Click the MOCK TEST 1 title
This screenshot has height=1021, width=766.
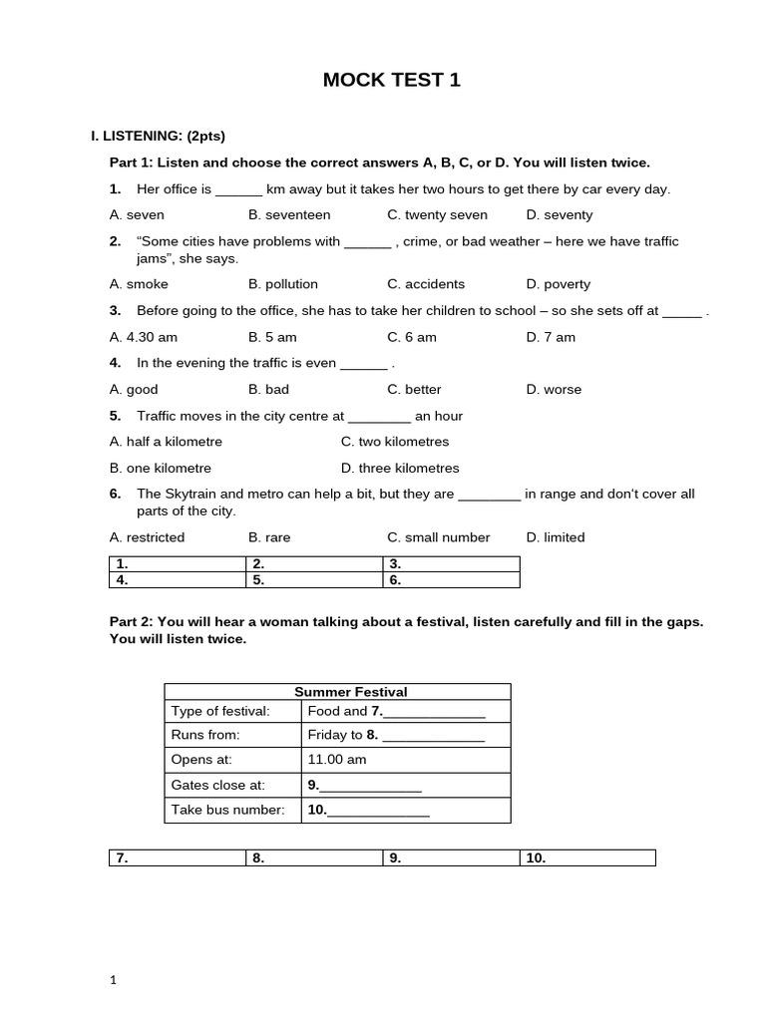click(x=392, y=81)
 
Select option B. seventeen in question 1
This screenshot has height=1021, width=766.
click(x=289, y=214)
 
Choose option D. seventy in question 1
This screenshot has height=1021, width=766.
click(x=559, y=214)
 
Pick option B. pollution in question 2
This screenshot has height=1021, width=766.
click(x=283, y=284)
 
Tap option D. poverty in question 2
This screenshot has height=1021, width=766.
click(x=558, y=284)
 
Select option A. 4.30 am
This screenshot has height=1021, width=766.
click(x=144, y=337)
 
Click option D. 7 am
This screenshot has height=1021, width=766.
click(x=551, y=337)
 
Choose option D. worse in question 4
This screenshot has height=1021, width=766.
click(x=554, y=389)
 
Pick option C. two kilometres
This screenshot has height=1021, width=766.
click(x=395, y=441)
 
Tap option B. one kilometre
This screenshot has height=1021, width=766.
click(x=161, y=468)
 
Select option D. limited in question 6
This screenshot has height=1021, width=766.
click(x=556, y=537)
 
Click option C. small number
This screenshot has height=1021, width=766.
click(x=439, y=537)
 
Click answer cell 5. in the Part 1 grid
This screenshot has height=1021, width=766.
click(x=314, y=579)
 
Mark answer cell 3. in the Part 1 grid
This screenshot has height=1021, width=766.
click(x=451, y=563)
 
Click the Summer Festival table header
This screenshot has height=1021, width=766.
click(x=337, y=691)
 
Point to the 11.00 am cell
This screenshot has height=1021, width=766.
click(x=337, y=759)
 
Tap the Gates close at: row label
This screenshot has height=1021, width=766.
click(x=218, y=785)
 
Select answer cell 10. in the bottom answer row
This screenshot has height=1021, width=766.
click(x=587, y=857)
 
